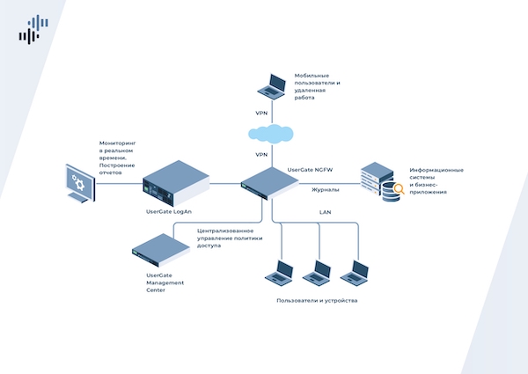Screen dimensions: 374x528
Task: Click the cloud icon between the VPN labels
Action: tap(271, 134)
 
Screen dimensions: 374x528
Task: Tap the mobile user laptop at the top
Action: tap(271, 85)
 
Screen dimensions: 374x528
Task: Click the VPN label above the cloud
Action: tap(261, 113)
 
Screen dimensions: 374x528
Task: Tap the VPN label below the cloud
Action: tap(261, 154)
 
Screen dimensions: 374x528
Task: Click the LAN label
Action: tap(325, 212)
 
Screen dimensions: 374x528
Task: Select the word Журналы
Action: tap(326, 188)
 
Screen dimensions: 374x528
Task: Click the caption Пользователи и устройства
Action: tap(317, 300)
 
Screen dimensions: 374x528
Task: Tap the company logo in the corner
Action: tap(33, 29)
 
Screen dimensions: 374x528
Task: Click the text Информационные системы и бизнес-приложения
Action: tap(436, 180)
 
